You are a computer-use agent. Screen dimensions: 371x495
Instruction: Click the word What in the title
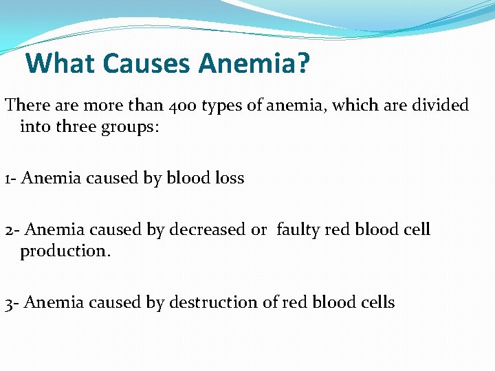point(61,64)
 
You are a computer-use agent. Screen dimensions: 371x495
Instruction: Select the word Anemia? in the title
point(255,64)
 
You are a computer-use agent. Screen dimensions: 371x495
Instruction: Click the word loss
point(229,178)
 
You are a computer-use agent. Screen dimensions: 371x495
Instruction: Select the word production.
point(65,251)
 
